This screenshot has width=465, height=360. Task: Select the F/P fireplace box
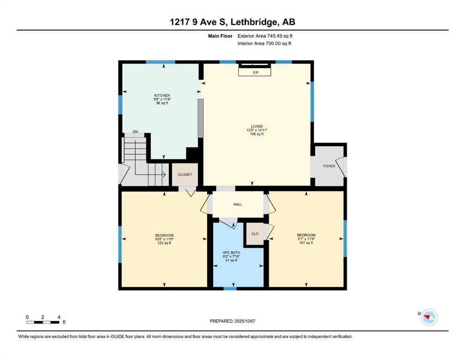click(x=255, y=72)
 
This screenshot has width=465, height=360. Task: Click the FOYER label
click(x=329, y=166)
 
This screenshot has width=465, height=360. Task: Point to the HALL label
click(x=238, y=204)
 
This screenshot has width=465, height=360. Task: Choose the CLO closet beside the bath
click(x=255, y=234)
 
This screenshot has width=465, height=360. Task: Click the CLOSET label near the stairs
click(x=185, y=175)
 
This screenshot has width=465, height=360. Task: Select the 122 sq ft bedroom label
click(x=164, y=239)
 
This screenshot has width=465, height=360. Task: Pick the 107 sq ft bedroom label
click(x=306, y=239)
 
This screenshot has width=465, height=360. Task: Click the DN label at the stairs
click(x=135, y=132)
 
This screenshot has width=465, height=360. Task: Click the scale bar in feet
click(x=43, y=322)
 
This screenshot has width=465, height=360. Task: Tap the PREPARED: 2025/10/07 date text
click(x=232, y=321)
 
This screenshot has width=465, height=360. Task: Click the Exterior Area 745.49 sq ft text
click(x=265, y=36)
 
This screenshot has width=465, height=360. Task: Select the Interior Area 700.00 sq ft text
click(x=264, y=44)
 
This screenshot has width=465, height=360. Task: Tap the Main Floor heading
click(x=220, y=36)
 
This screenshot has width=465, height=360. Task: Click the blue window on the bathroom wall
click(x=230, y=288)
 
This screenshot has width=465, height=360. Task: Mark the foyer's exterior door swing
click(x=342, y=166)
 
